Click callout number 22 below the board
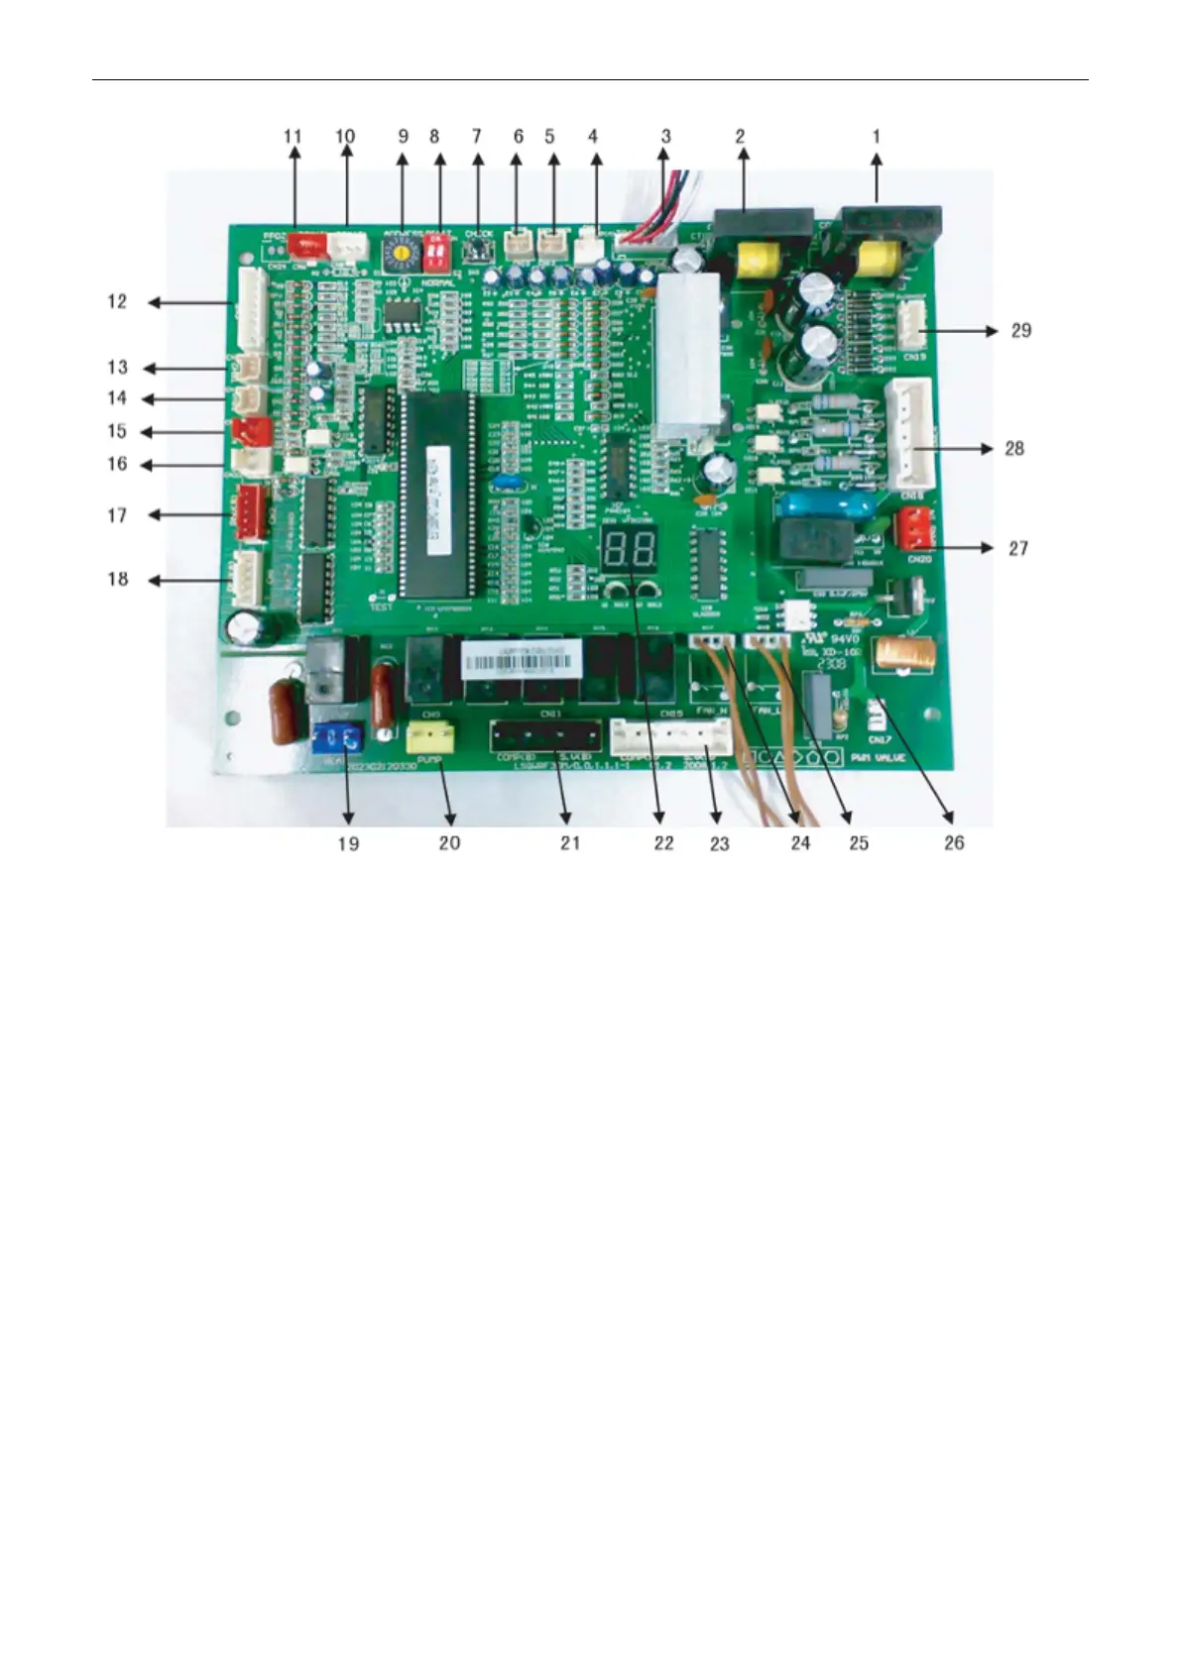(663, 842)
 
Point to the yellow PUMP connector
(431, 736)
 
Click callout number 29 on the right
(1020, 330)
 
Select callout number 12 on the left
(118, 301)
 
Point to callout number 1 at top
(876, 137)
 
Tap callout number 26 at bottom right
(953, 842)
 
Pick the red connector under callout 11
(305, 244)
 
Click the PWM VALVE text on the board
(879, 758)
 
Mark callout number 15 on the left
(118, 432)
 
